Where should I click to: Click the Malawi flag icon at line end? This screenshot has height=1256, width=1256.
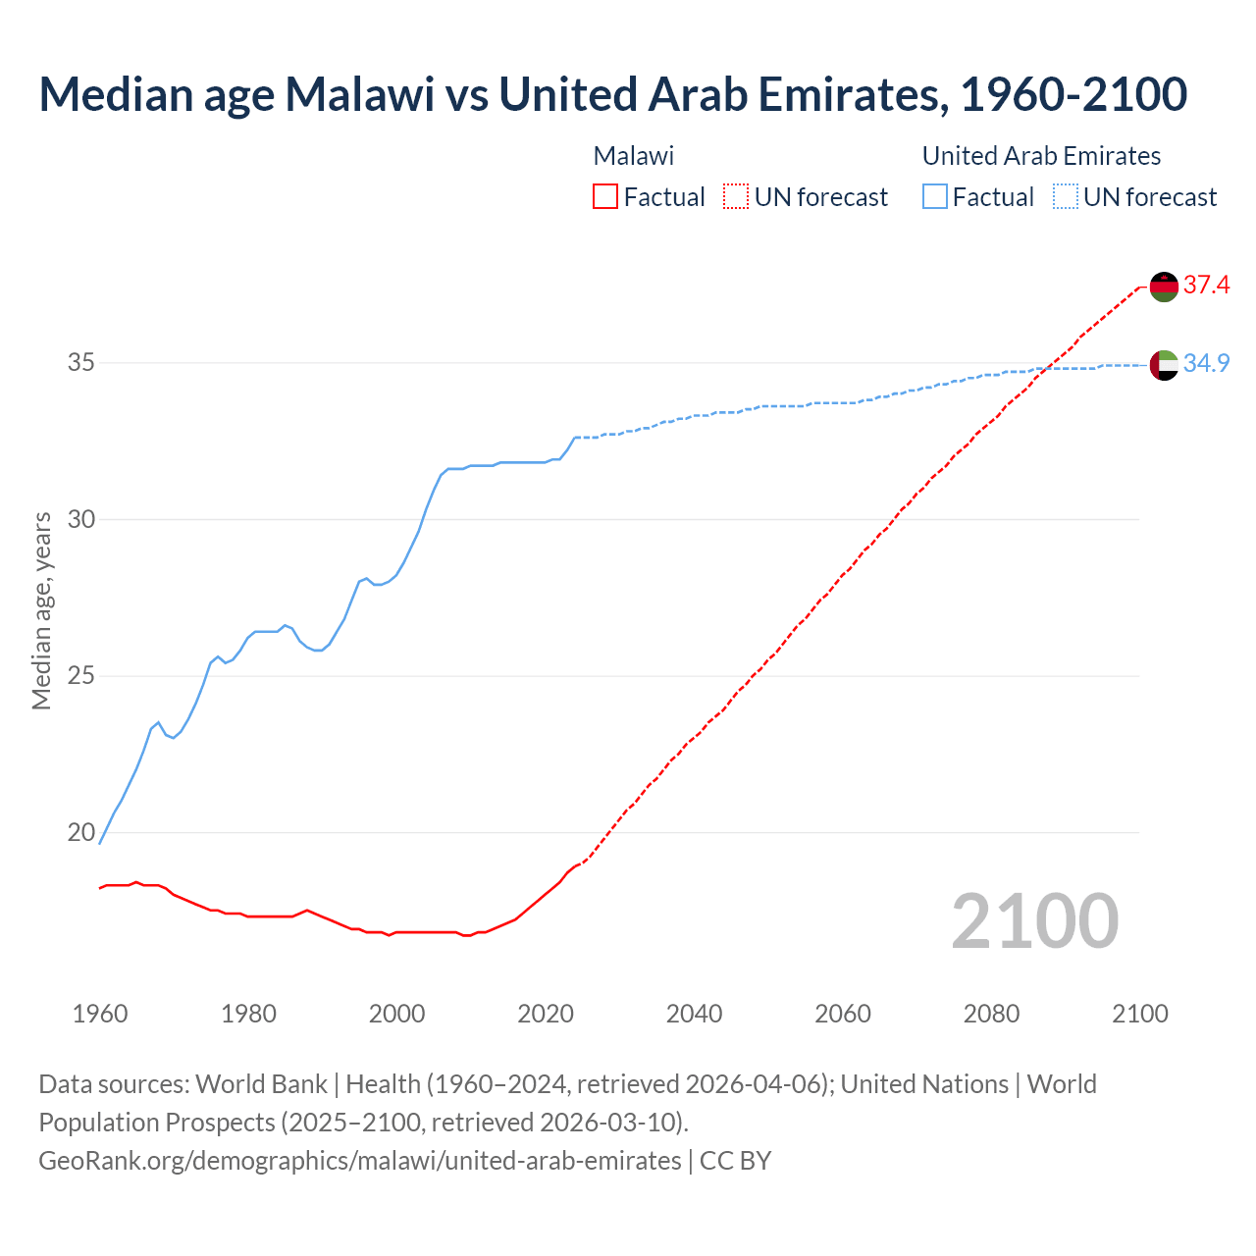(1164, 287)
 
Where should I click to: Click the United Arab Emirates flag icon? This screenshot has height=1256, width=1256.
(1164, 364)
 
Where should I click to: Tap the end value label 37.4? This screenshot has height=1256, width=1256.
(1206, 286)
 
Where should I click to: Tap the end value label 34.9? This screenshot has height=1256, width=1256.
(1206, 363)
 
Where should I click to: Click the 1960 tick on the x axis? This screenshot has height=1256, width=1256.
(100, 1013)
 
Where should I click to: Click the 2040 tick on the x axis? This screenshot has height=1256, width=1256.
(694, 1013)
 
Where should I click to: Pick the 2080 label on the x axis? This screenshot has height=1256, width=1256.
(991, 1013)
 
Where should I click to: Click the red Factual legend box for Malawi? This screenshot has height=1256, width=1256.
(605, 197)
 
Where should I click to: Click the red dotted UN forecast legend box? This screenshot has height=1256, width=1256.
(736, 197)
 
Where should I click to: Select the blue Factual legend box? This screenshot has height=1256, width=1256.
(935, 197)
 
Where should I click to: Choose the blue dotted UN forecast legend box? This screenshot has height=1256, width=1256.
(1066, 197)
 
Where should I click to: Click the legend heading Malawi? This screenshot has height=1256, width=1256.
(634, 156)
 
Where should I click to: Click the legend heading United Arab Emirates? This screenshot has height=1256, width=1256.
(1041, 156)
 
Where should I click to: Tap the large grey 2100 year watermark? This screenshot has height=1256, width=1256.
(1034, 920)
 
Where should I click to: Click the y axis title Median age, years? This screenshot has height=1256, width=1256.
(41, 610)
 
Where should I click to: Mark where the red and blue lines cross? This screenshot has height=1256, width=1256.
(1048, 368)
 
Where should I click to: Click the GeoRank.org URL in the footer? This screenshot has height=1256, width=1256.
(359, 1161)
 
